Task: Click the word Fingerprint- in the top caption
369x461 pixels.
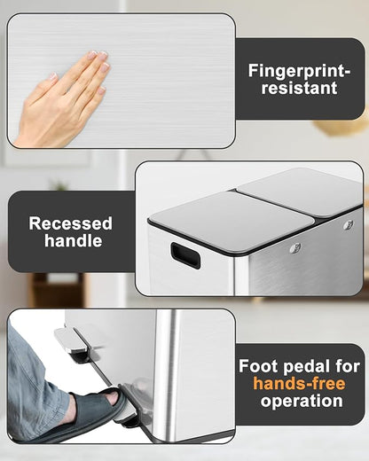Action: pyautogui.click(x=299, y=71)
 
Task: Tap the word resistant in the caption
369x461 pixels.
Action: pyautogui.click(x=299, y=88)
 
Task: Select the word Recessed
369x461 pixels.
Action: pyautogui.click(x=71, y=223)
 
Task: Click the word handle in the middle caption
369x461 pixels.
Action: pyautogui.click(x=74, y=240)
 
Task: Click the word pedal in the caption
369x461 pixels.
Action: pyautogui.click(x=307, y=367)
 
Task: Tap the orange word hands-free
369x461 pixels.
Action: pyautogui.click(x=299, y=384)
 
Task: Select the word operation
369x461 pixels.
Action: pyautogui.click(x=302, y=402)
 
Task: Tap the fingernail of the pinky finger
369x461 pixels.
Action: pyautogui.click(x=102, y=90)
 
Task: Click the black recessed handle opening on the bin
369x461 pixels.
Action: pyautogui.click(x=185, y=255)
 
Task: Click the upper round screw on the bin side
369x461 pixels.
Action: pyautogui.click(x=349, y=225)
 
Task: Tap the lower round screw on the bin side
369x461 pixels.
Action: pyautogui.click(x=295, y=247)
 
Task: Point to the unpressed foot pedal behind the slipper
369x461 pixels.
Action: pyautogui.click(x=72, y=342)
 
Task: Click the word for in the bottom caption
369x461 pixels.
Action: pyautogui.click(x=348, y=366)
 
